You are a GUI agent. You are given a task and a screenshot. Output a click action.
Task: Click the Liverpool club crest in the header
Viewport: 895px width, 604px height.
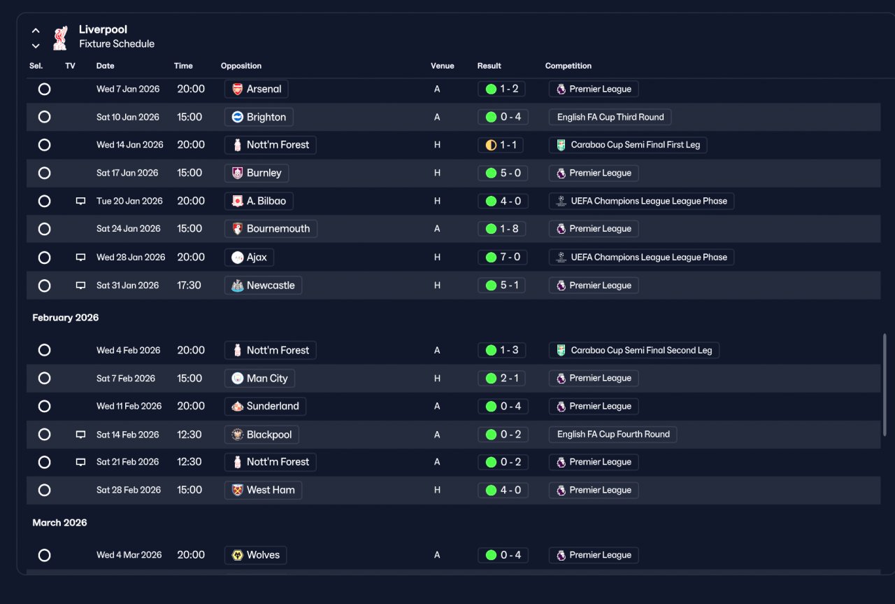(60, 38)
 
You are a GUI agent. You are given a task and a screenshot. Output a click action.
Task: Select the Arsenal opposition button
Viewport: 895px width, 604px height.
(256, 89)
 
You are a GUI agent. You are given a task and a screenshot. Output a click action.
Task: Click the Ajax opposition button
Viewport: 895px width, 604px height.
(249, 257)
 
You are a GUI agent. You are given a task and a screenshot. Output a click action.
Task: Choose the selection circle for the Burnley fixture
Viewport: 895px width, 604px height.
(44, 173)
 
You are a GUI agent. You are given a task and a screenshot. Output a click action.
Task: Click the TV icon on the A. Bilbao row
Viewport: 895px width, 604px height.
(80, 201)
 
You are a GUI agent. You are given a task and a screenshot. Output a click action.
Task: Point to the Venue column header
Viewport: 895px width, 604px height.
(443, 66)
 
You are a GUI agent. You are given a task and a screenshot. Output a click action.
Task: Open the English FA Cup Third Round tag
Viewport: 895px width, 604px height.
(610, 117)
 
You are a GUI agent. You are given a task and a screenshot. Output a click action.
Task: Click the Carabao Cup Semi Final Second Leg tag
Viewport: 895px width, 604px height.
(633, 351)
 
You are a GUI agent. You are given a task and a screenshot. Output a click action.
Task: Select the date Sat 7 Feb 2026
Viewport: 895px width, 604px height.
(125, 379)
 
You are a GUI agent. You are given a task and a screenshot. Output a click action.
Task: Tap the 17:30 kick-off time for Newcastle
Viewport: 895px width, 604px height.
(189, 285)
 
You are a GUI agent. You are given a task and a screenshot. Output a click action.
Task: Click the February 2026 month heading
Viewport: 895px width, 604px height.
(66, 318)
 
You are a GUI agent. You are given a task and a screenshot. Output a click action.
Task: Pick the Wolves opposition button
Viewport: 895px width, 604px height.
(255, 555)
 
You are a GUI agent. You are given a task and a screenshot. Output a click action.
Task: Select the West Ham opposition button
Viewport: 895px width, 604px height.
(263, 490)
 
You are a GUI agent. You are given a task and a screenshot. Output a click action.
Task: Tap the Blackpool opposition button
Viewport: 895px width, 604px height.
(262, 435)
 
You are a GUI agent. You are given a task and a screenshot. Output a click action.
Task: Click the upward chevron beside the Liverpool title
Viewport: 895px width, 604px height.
(36, 30)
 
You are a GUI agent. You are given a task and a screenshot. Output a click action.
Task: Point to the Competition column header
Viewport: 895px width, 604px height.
(568, 66)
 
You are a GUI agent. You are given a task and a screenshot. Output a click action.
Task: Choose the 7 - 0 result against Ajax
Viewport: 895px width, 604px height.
(502, 257)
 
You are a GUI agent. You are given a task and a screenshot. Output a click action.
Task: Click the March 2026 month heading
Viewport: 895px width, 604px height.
(59, 523)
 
